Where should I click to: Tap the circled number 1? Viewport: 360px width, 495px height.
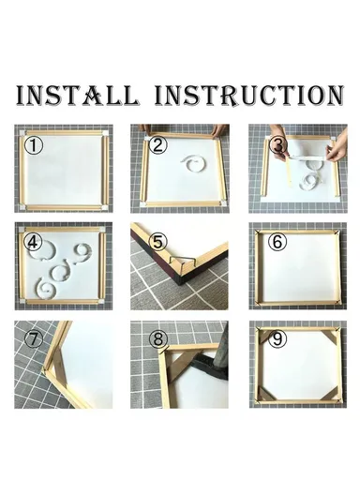[x=35, y=145]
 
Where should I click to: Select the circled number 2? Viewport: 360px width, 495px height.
[x=157, y=145]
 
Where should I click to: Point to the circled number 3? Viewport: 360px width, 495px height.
[x=278, y=145]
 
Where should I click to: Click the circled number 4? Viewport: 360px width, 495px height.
[x=35, y=241]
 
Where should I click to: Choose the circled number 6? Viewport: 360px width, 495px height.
[x=277, y=241]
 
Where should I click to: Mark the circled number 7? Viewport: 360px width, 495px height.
[x=35, y=338]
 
